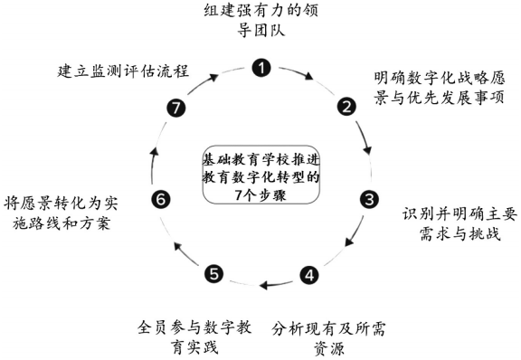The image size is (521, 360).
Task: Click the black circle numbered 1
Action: point(260,67)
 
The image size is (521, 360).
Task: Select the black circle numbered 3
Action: point(369,198)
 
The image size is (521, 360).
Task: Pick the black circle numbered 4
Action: point(310,274)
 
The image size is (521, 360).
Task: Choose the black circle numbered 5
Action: point(213,273)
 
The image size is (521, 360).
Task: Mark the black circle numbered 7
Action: point(176,108)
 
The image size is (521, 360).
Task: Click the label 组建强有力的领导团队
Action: point(261,24)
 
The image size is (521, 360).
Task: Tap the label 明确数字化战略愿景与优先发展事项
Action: point(438,85)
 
